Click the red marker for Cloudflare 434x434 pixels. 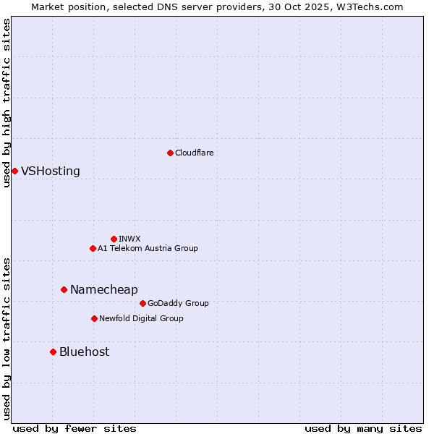click(x=170, y=153)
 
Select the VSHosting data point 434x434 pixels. click(x=14, y=171)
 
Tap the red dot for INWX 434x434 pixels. click(x=114, y=239)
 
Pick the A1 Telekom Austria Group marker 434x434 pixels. click(x=93, y=248)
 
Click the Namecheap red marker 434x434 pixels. click(x=64, y=289)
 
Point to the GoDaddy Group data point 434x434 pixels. click(x=142, y=303)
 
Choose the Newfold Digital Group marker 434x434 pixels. click(x=94, y=318)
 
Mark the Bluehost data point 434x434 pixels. click(x=53, y=352)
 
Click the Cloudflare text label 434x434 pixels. click(x=194, y=153)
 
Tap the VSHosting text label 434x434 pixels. click(x=51, y=171)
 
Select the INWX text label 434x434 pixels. click(x=129, y=239)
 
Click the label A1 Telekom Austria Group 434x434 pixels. click(x=148, y=248)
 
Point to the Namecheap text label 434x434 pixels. click(x=103, y=290)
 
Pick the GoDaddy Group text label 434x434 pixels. click(x=178, y=303)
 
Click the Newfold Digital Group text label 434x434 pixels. click(x=141, y=318)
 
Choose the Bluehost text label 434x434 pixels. click(x=84, y=352)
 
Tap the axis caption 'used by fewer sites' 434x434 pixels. click(x=75, y=428)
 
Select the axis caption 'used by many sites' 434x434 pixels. click(x=363, y=428)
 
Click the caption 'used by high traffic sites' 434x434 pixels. click(x=7, y=103)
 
